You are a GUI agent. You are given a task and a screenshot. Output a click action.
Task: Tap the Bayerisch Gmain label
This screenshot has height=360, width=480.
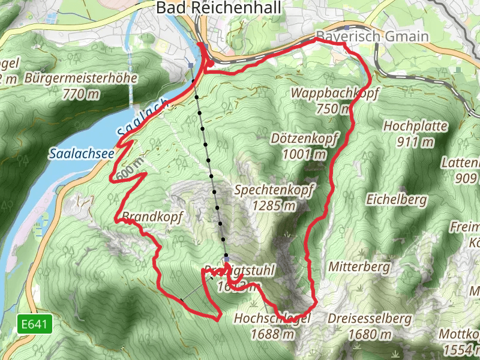tap(373, 37)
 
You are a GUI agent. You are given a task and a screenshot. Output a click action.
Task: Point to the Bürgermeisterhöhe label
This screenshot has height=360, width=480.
tap(82, 78)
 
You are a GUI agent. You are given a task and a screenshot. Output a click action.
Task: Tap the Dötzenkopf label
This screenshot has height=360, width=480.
tap(305, 138)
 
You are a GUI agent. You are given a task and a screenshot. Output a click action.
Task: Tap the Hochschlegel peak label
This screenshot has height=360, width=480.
tap(272, 319)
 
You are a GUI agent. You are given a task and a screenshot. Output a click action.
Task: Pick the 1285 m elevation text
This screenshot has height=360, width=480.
tap(274, 206)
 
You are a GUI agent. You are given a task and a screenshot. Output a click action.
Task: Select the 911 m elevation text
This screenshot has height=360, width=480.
tap(415, 142)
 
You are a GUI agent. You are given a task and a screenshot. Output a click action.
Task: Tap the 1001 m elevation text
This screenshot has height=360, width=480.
tap(305, 154)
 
